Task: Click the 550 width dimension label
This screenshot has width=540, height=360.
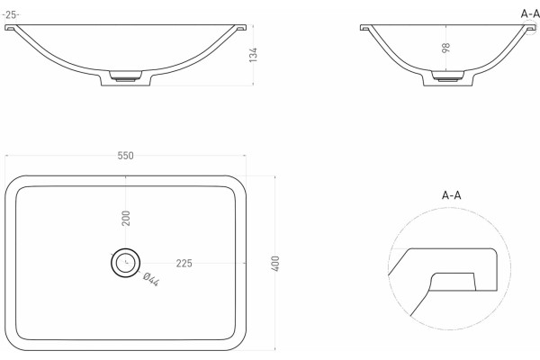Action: [125, 156]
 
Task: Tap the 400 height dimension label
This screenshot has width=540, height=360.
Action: [275, 264]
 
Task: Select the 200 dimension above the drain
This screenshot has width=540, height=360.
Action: [126, 218]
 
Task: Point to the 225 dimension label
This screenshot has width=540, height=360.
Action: [184, 264]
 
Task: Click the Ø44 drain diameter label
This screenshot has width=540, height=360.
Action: [151, 279]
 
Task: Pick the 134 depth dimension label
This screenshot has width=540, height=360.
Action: [253, 55]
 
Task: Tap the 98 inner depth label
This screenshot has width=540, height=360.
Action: [446, 48]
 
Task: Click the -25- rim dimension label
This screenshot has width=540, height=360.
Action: [11, 14]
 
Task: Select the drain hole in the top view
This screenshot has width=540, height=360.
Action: [126, 263]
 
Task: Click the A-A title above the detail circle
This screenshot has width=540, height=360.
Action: [451, 195]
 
